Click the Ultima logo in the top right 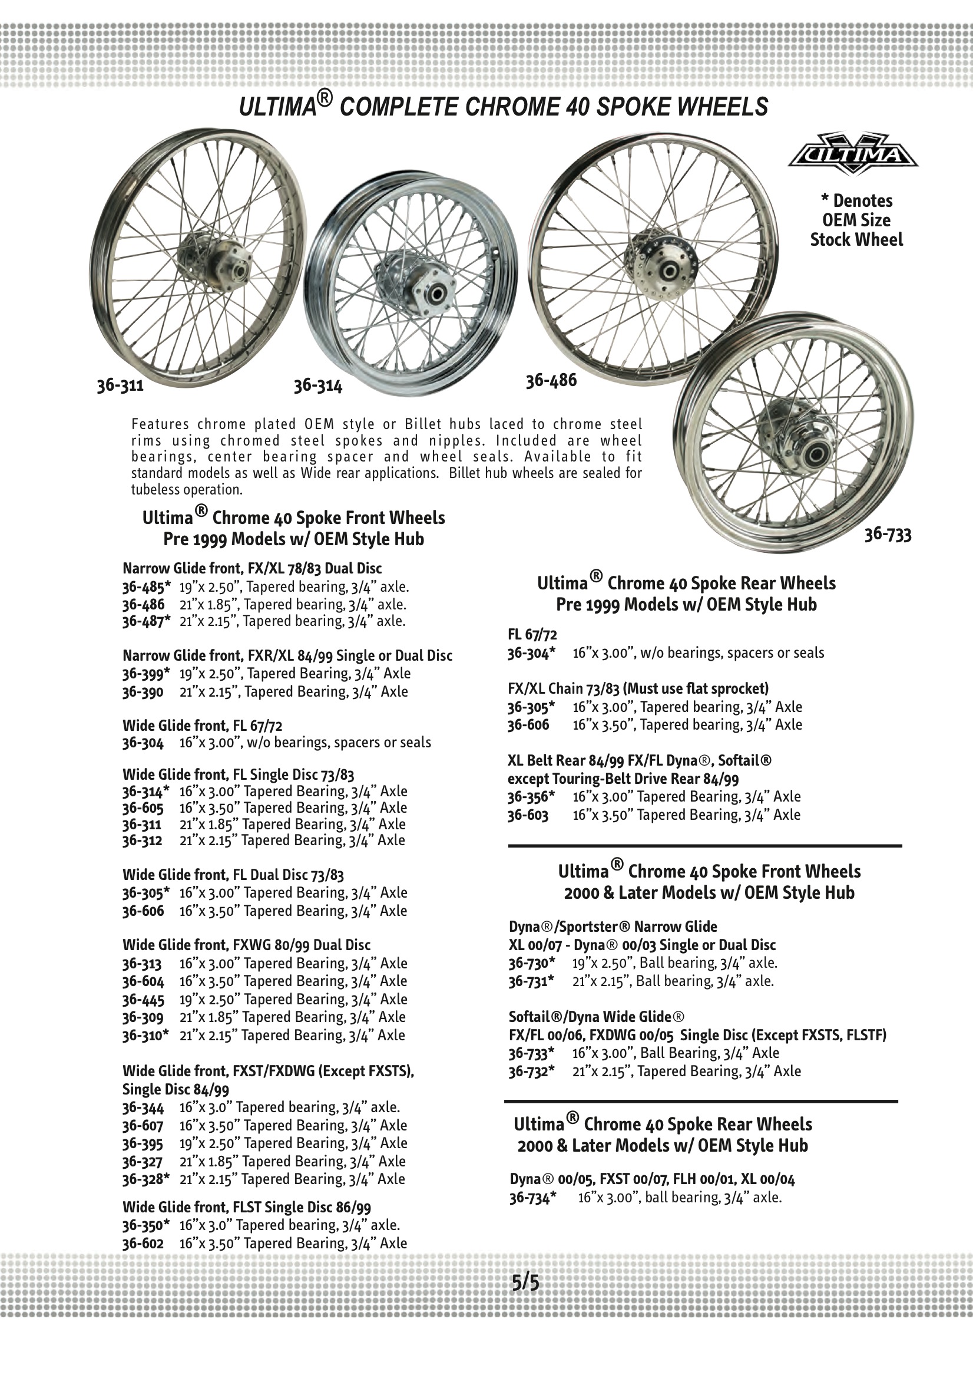tap(852, 154)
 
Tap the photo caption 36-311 tap(120, 385)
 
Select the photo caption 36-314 tap(317, 386)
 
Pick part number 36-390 tap(143, 691)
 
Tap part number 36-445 tap(143, 998)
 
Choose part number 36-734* tap(532, 1197)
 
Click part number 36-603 tap(528, 815)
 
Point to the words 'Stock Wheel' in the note tap(856, 239)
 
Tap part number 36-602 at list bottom tap(143, 1243)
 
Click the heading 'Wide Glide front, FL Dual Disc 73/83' tap(233, 875)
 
